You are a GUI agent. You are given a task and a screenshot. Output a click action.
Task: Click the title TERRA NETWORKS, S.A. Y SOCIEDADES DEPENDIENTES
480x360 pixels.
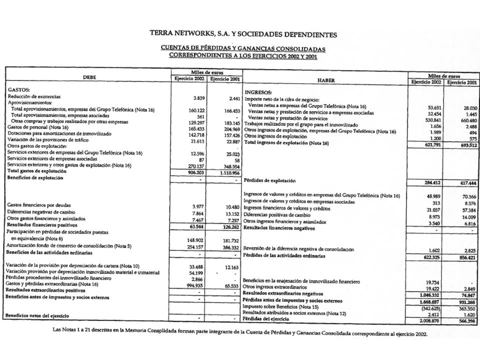click(x=243, y=34)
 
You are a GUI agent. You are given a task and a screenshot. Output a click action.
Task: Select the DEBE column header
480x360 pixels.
click(x=91, y=77)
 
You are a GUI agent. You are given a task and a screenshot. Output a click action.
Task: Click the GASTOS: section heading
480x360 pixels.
click(x=19, y=89)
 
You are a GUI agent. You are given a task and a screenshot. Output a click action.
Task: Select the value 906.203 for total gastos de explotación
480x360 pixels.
click(x=191, y=171)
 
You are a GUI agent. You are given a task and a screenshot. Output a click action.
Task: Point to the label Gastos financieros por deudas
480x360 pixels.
click(x=38, y=205)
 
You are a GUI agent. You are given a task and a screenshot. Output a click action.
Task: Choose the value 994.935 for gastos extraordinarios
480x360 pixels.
click(x=191, y=283)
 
